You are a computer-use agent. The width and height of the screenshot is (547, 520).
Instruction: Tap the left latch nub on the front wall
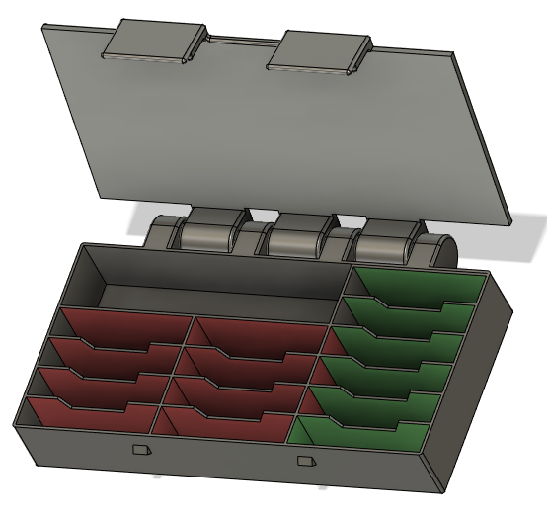click(x=141, y=450)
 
